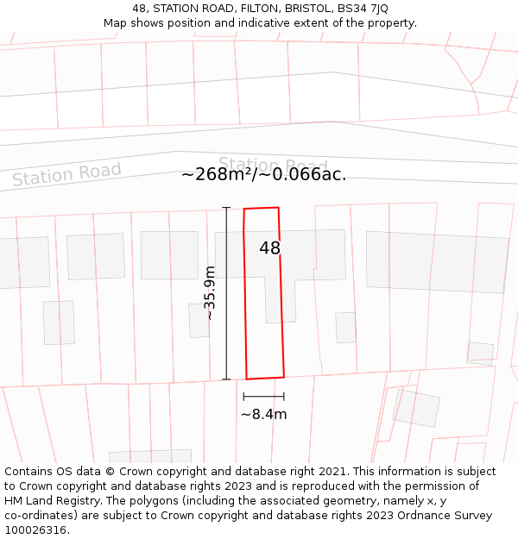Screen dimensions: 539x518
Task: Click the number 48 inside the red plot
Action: [x=269, y=248]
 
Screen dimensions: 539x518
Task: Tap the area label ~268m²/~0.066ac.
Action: [x=263, y=175]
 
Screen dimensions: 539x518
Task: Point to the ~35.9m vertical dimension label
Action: [x=209, y=293]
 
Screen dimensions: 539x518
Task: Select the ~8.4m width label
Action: [x=263, y=414]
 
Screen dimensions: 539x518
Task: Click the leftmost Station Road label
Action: [x=66, y=174]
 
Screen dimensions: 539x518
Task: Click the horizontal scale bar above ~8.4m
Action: [x=263, y=397]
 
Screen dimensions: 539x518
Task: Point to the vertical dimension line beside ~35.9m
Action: [x=226, y=293]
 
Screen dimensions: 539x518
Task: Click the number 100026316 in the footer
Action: [x=36, y=530]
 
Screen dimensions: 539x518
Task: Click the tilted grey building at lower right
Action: [x=416, y=408]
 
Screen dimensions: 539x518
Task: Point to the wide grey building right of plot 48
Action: [x=437, y=261]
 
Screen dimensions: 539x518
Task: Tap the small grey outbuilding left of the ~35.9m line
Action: [x=199, y=320]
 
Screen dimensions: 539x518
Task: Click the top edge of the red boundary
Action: [x=261, y=208]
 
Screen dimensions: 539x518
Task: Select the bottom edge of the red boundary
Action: [x=265, y=378]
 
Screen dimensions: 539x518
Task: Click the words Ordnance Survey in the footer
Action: [x=450, y=515]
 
